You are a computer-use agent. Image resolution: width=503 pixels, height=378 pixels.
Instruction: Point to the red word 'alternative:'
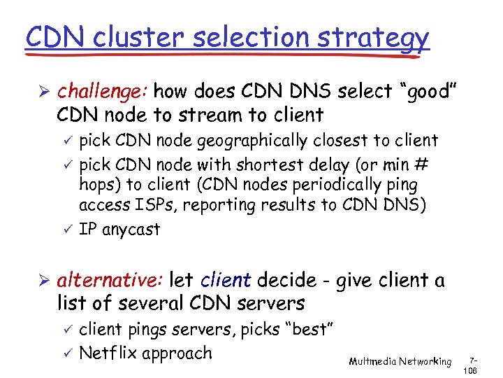point(110,281)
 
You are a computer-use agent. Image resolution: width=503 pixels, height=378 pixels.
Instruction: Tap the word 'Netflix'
point(108,353)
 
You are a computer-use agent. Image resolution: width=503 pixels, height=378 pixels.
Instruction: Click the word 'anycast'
point(131,229)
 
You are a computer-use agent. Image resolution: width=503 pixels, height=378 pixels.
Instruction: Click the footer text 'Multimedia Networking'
point(400,361)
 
